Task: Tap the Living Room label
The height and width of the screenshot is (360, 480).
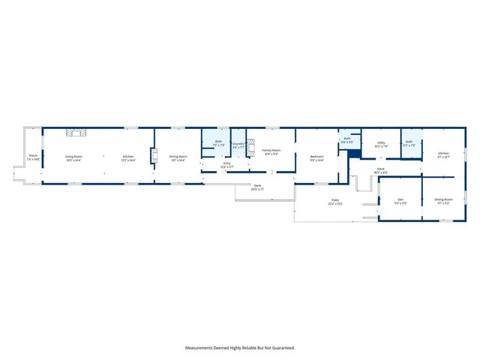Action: [73, 157]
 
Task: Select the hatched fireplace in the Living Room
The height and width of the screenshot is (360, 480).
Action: [76, 133]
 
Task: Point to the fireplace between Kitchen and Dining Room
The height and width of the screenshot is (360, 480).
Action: [155, 155]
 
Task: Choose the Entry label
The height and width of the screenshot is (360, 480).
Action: [227, 163]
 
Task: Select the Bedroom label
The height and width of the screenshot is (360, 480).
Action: [317, 157]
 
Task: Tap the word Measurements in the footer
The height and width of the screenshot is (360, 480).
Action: [202, 348]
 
